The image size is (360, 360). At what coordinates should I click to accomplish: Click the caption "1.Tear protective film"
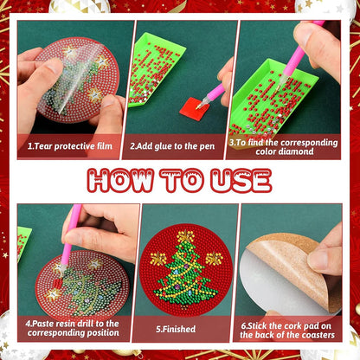click(x=70, y=146)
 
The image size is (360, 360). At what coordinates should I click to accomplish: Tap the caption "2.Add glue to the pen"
click(x=172, y=146)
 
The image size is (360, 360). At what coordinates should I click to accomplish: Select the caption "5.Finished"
click(x=176, y=329)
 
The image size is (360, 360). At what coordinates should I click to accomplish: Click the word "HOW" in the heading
click(x=120, y=180)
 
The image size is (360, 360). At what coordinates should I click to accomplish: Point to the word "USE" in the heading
click(x=241, y=180)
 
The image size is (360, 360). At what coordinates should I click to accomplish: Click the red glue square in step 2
click(x=195, y=107)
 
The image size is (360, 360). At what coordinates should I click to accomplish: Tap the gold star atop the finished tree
click(x=185, y=236)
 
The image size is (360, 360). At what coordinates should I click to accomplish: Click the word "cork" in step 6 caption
click(x=292, y=326)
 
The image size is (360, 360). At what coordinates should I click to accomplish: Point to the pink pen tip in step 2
click(x=199, y=106)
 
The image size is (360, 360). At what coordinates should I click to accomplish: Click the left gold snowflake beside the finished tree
click(x=158, y=259)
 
